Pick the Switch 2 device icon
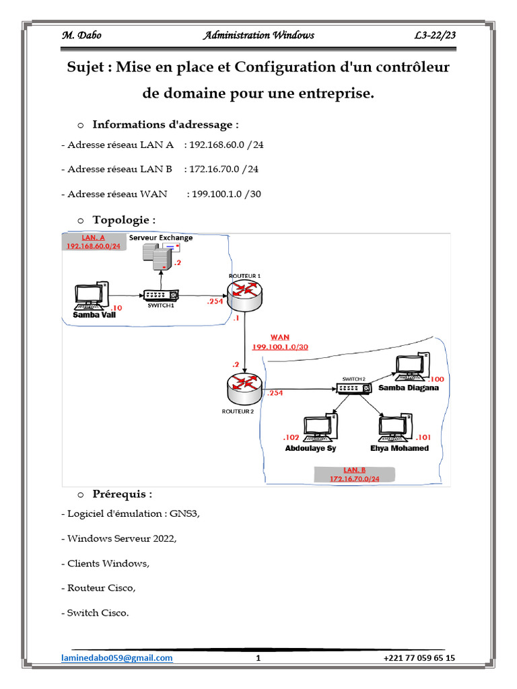coord(354,388)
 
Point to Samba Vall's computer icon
coord(90,295)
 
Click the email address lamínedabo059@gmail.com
coord(117,658)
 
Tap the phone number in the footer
coord(419,658)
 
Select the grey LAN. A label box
coord(94,242)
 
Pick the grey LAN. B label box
coord(354,474)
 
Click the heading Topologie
coord(124,220)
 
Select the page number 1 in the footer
coord(258,658)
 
